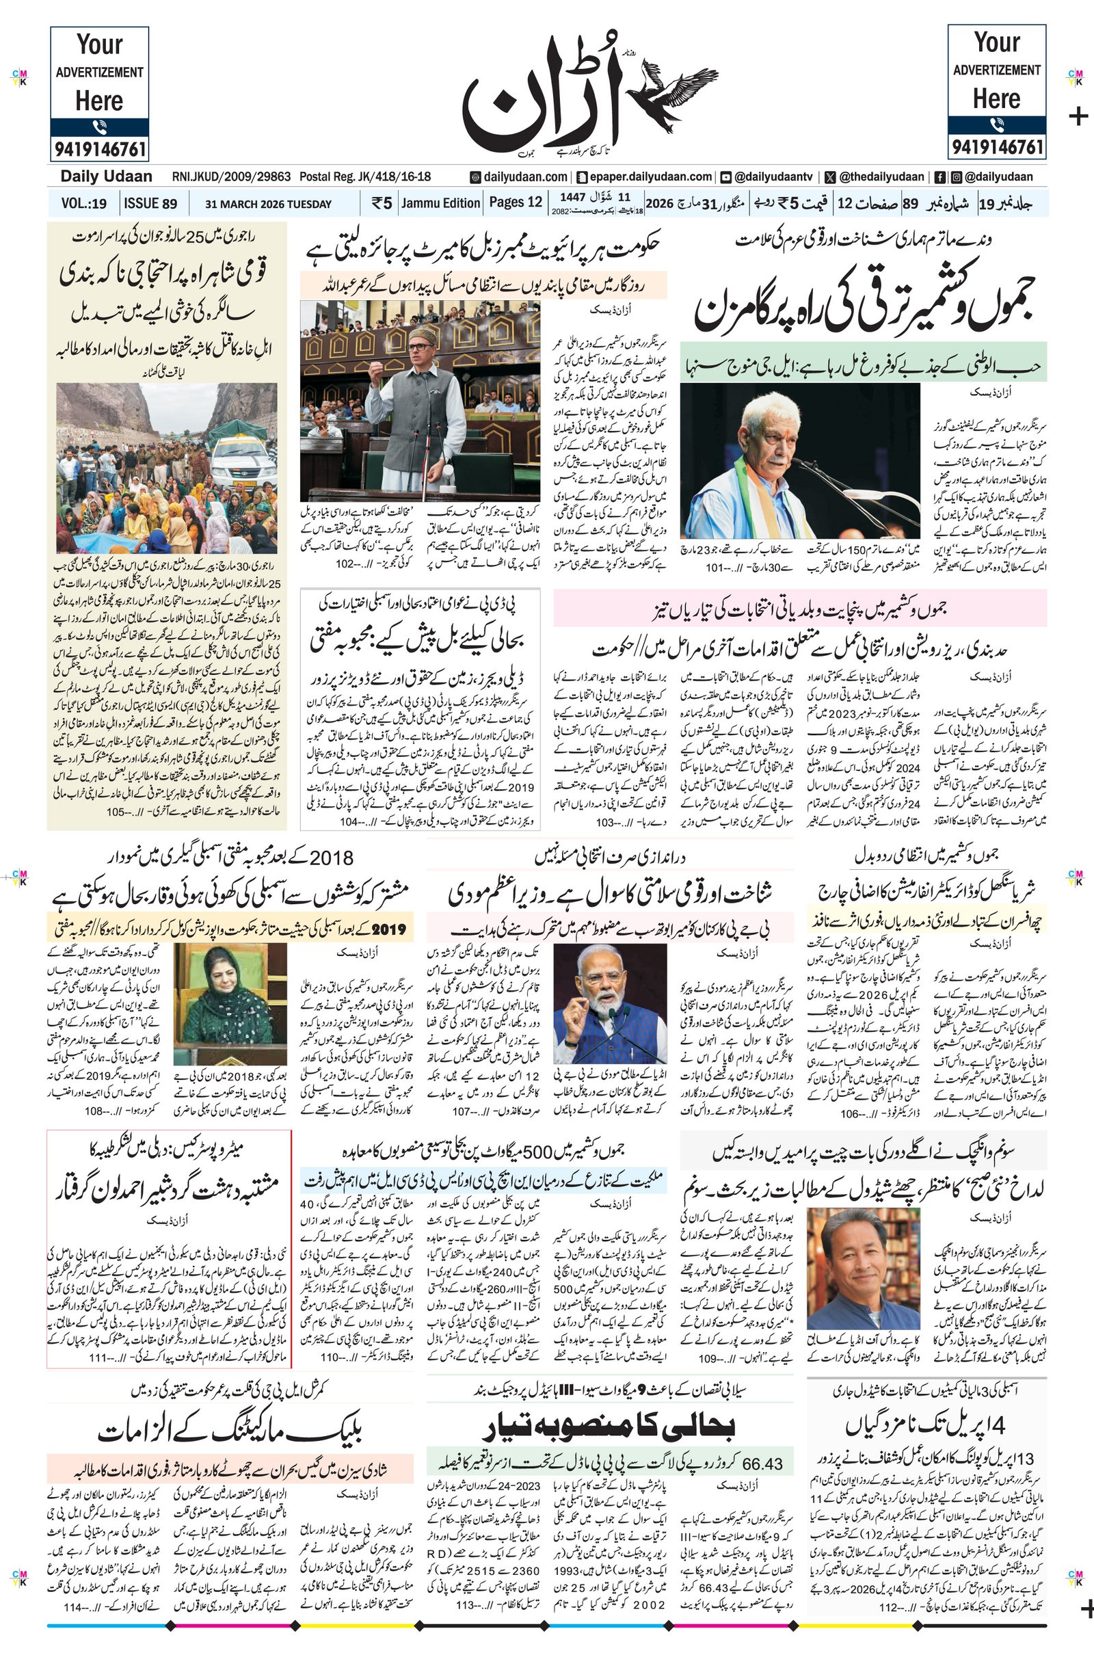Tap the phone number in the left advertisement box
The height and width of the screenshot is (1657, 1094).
[x=99, y=149]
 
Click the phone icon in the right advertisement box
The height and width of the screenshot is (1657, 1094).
[x=996, y=126]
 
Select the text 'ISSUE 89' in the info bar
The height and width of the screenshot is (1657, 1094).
[x=150, y=204]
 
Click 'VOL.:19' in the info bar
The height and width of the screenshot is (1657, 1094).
[x=83, y=204]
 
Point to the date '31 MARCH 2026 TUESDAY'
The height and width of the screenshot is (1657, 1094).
[x=268, y=204]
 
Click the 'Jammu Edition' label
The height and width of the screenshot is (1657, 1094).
[x=440, y=203]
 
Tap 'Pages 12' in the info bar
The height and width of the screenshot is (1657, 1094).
[x=515, y=202]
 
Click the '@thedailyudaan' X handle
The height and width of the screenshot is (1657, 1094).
[x=882, y=177]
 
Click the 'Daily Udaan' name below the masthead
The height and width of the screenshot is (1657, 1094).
[x=106, y=176]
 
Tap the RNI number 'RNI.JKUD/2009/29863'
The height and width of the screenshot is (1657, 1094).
[x=232, y=177]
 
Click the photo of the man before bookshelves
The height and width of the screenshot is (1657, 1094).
[x=862, y=1268]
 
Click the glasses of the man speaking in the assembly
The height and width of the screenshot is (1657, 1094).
[x=419, y=346]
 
